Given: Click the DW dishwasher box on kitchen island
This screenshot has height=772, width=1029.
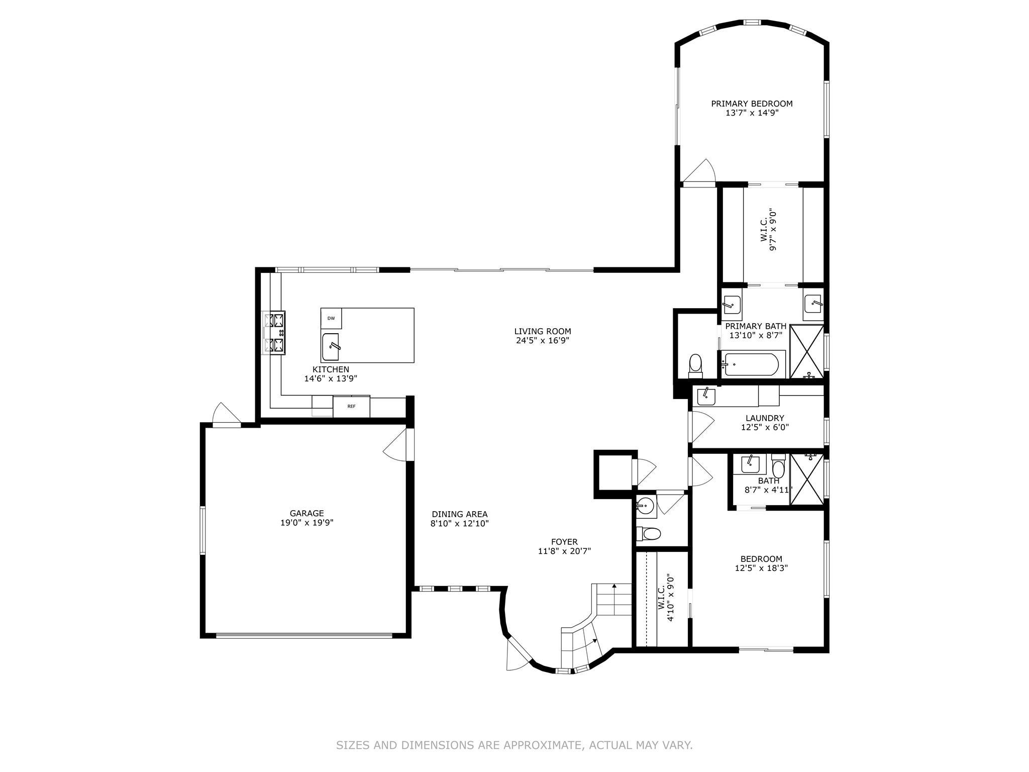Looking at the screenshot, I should [331, 319].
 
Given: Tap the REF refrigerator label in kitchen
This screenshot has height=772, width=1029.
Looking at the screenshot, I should [351, 406].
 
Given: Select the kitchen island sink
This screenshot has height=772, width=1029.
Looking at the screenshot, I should [331, 347].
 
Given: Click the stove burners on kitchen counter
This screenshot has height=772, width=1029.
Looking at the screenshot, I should [275, 332].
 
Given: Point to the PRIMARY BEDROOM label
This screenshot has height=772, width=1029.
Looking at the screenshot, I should [752, 104].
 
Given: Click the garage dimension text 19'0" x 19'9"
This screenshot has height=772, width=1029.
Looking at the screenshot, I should [306, 522].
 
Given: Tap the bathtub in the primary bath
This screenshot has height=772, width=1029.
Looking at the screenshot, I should [752, 363].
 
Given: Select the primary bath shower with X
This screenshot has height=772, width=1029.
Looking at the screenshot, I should [806, 351].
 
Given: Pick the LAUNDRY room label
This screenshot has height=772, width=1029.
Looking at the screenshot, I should [765, 418].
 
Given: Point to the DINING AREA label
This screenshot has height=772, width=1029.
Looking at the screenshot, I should [460, 514].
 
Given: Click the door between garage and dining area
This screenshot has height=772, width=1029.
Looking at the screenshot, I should [398, 445].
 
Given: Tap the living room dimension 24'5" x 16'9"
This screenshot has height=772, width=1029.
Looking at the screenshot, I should [543, 340].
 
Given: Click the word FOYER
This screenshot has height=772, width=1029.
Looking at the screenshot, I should [564, 542].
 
